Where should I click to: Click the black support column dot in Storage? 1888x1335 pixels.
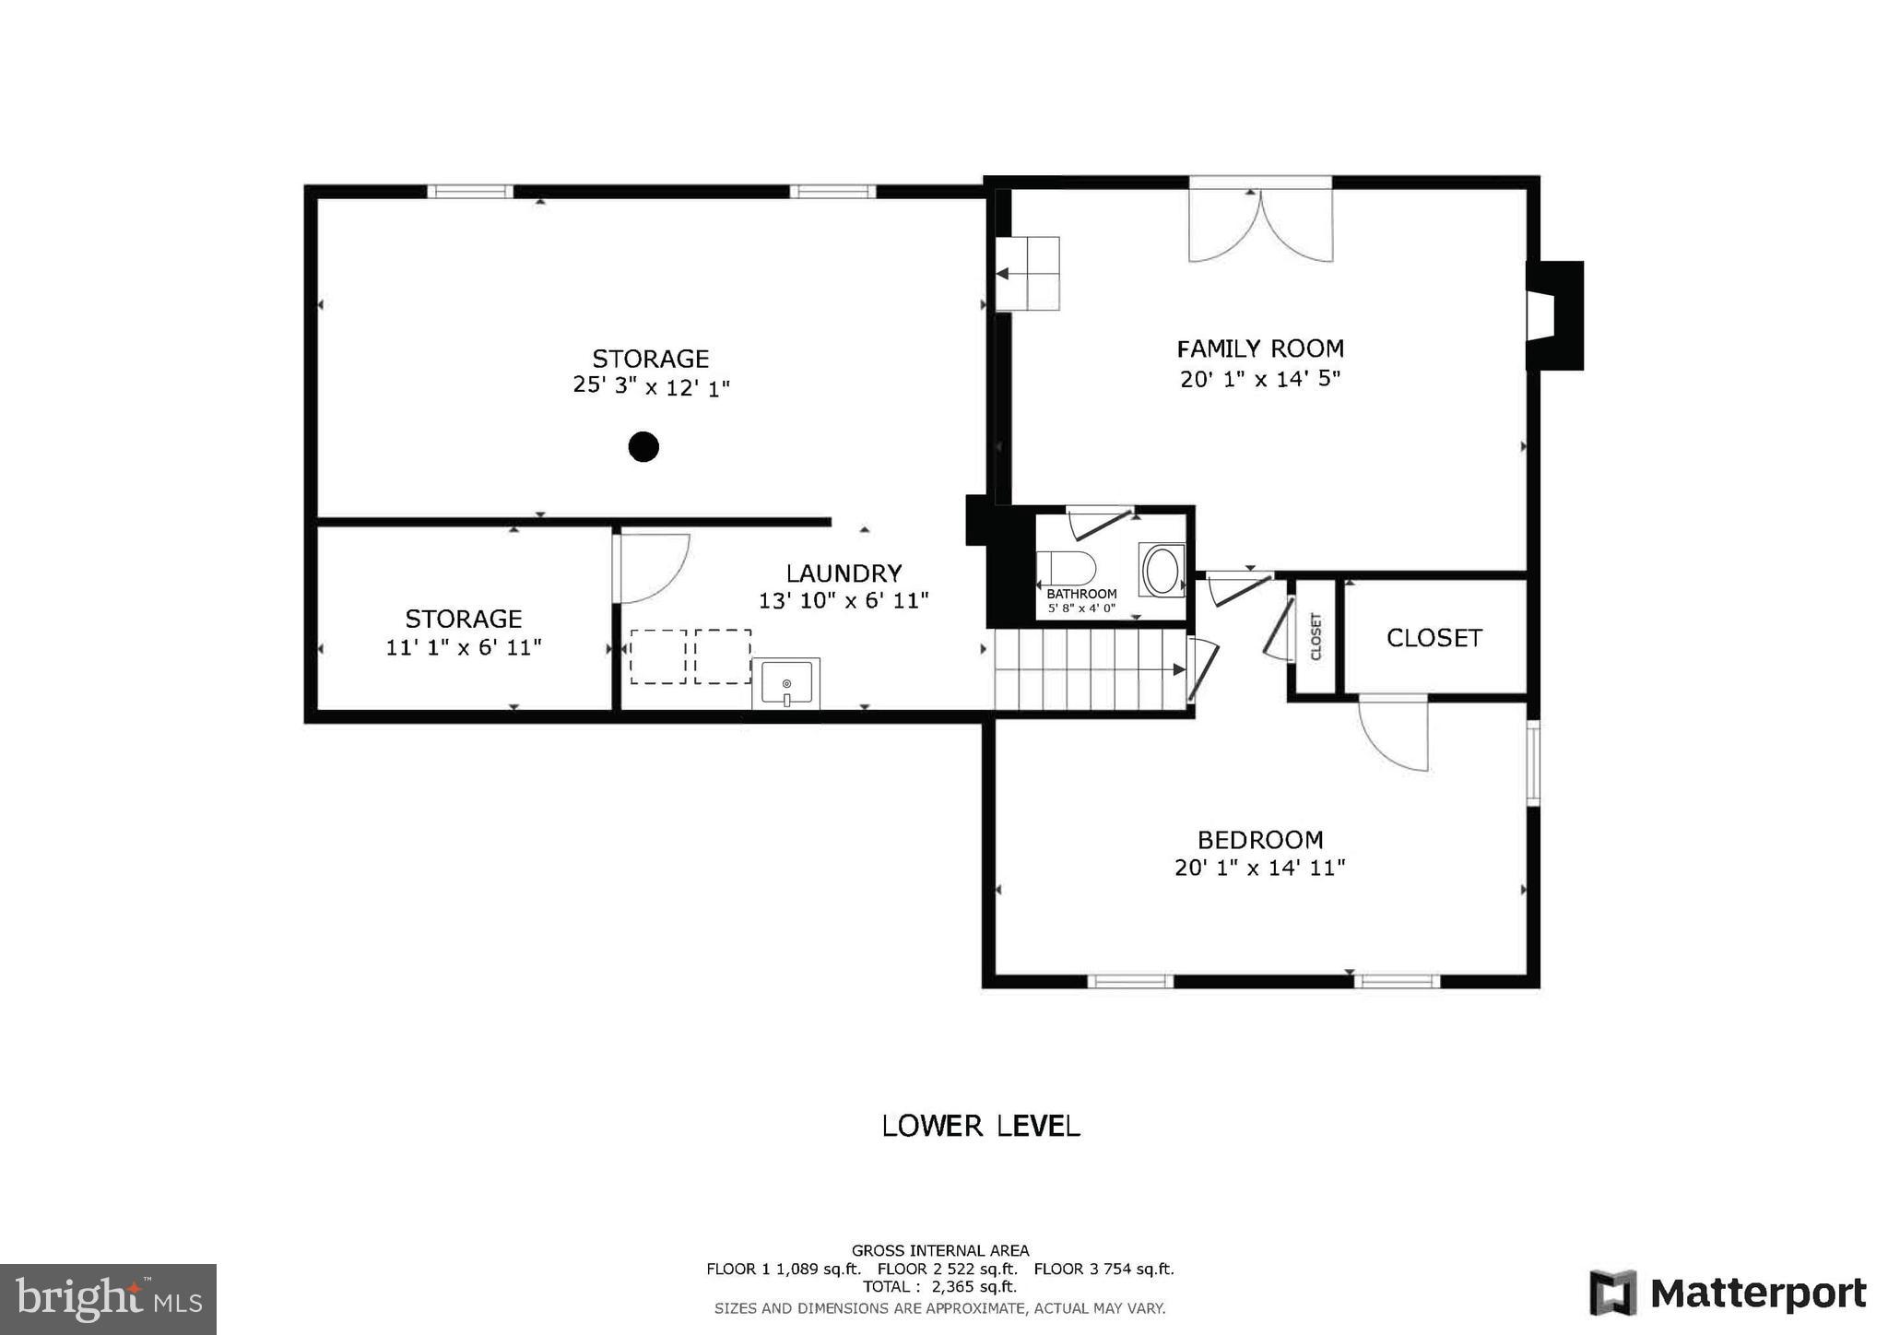pos(643,447)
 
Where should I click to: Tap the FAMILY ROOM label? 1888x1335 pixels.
pos(1260,349)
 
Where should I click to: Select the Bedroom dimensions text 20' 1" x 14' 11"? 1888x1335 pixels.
pos(1259,868)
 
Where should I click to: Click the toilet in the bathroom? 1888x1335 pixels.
pos(1065,568)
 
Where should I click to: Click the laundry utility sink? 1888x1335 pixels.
pos(785,683)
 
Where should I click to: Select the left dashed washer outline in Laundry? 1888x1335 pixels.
pos(658,656)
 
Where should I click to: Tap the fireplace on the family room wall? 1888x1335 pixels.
pos(1553,316)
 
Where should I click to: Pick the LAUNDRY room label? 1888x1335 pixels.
pos(844,573)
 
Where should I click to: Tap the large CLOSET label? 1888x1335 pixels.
pos(1434,638)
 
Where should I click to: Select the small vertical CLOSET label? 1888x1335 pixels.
pos(1316,636)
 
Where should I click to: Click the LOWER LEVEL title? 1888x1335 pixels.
pos(981,1126)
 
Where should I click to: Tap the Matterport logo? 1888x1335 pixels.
pos(1729,1293)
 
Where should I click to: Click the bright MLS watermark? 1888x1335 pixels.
pos(109,1299)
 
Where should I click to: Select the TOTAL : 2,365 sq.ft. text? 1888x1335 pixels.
pos(939,1287)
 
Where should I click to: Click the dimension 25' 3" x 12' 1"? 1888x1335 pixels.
pos(651,386)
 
